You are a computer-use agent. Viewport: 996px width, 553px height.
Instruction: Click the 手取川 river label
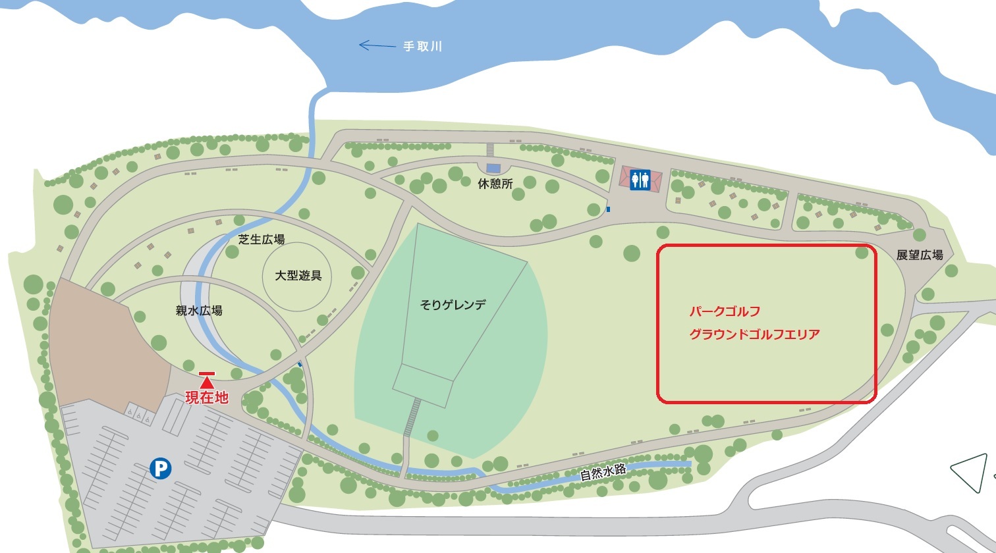(422, 47)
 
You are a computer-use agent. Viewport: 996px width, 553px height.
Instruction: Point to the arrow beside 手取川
(376, 45)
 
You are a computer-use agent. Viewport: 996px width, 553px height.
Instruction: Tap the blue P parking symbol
(160, 468)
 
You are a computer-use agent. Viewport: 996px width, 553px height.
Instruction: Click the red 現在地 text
(206, 398)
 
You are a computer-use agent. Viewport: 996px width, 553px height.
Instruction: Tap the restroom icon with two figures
(640, 178)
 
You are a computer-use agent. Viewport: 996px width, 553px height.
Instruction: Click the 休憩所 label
(495, 184)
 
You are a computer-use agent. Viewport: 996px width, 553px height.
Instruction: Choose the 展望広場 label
(920, 255)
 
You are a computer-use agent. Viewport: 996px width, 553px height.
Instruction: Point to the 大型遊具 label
(298, 276)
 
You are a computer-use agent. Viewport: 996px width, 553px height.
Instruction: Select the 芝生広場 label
(262, 240)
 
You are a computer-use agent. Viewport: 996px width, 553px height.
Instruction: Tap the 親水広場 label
(199, 310)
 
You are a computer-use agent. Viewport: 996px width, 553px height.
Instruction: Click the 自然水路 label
(603, 473)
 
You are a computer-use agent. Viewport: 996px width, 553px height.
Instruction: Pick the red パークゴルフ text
(725, 310)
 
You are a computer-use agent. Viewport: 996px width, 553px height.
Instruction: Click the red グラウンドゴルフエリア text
(754, 334)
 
